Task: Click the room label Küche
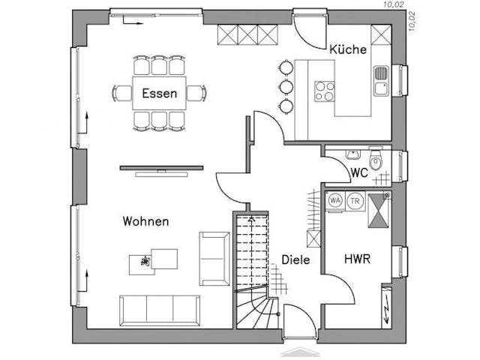pos(348,49)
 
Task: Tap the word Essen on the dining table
pos(160,94)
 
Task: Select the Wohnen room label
pos(145,221)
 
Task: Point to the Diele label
pos(295,260)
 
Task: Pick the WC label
pos(359,172)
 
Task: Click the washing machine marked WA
pos(335,201)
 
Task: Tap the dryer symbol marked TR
pos(355,201)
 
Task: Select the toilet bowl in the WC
pos(376,161)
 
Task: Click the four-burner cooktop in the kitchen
pos(325,91)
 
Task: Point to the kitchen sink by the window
pos(381,81)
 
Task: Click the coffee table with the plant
pos(154,259)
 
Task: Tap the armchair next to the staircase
pos(214,259)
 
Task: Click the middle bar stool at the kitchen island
pos(285,85)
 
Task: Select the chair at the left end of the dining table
pos(121,94)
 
